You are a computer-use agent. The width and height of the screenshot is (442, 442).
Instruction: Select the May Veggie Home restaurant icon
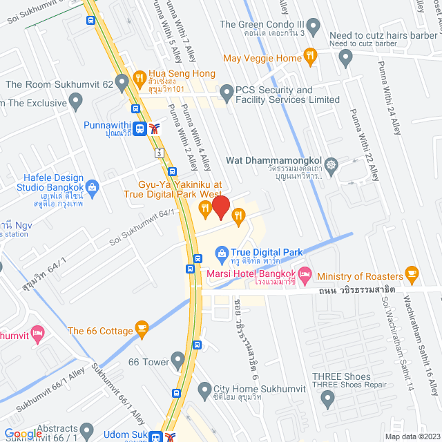[x=311, y=58]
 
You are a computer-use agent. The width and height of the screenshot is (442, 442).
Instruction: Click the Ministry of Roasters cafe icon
[x=412, y=273]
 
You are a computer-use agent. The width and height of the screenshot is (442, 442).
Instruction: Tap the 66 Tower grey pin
[x=178, y=361]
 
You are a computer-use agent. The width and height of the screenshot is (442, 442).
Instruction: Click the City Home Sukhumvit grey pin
[x=204, y=390]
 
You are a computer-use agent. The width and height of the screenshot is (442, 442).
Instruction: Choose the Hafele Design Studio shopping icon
[x=93, y=186]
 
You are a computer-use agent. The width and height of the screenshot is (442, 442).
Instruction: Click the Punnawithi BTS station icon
[x=140, y=127]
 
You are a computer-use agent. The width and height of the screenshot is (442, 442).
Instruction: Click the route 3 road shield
[x=159, y=151]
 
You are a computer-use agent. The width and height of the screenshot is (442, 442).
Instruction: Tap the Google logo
[x=23, y=434]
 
